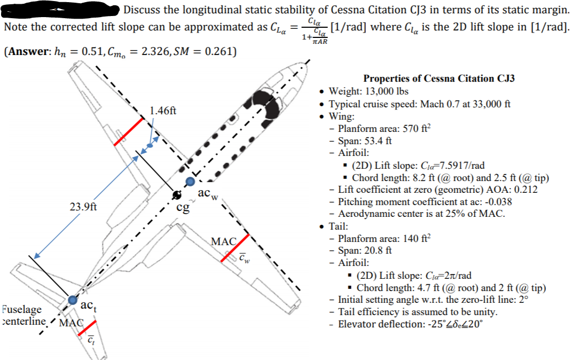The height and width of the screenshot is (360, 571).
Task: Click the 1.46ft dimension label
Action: [163, 111]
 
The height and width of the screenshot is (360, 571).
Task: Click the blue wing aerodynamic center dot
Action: [190, 183]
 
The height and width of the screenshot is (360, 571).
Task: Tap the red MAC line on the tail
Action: [88, 328]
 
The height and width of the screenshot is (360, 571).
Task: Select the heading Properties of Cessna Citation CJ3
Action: [439, 78]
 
